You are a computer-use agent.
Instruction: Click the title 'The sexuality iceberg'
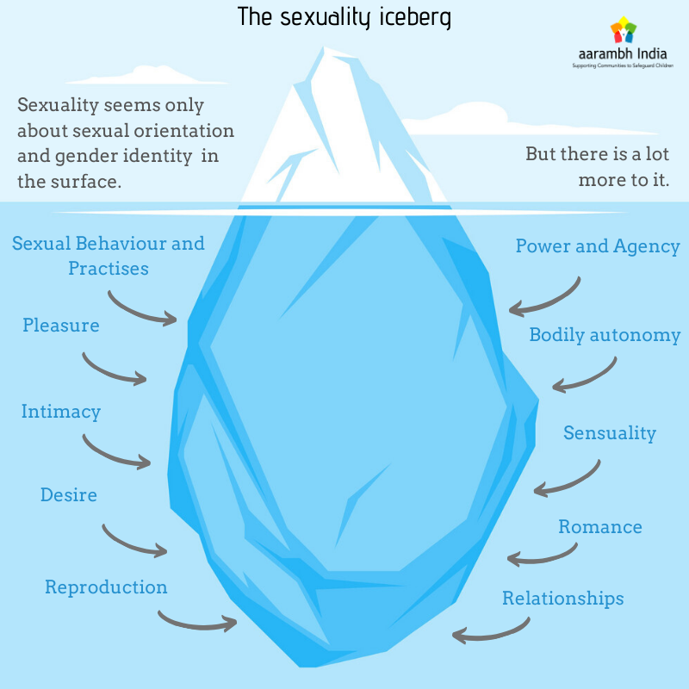344,17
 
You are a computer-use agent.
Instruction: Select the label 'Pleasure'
61,326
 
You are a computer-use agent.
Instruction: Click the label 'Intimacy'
61,412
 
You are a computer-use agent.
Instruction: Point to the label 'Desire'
69,495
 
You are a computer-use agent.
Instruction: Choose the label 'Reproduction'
106,587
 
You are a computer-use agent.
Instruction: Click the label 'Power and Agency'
598,246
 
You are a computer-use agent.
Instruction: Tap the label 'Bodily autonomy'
605,335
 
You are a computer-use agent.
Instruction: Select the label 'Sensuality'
610,432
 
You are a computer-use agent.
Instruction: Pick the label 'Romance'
600,526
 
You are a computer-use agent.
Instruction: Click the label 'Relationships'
563,598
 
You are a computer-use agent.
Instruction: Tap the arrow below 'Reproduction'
196,620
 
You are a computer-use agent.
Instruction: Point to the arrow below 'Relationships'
491,633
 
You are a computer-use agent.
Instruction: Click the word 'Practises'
109,269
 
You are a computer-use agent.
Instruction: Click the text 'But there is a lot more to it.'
598,168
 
